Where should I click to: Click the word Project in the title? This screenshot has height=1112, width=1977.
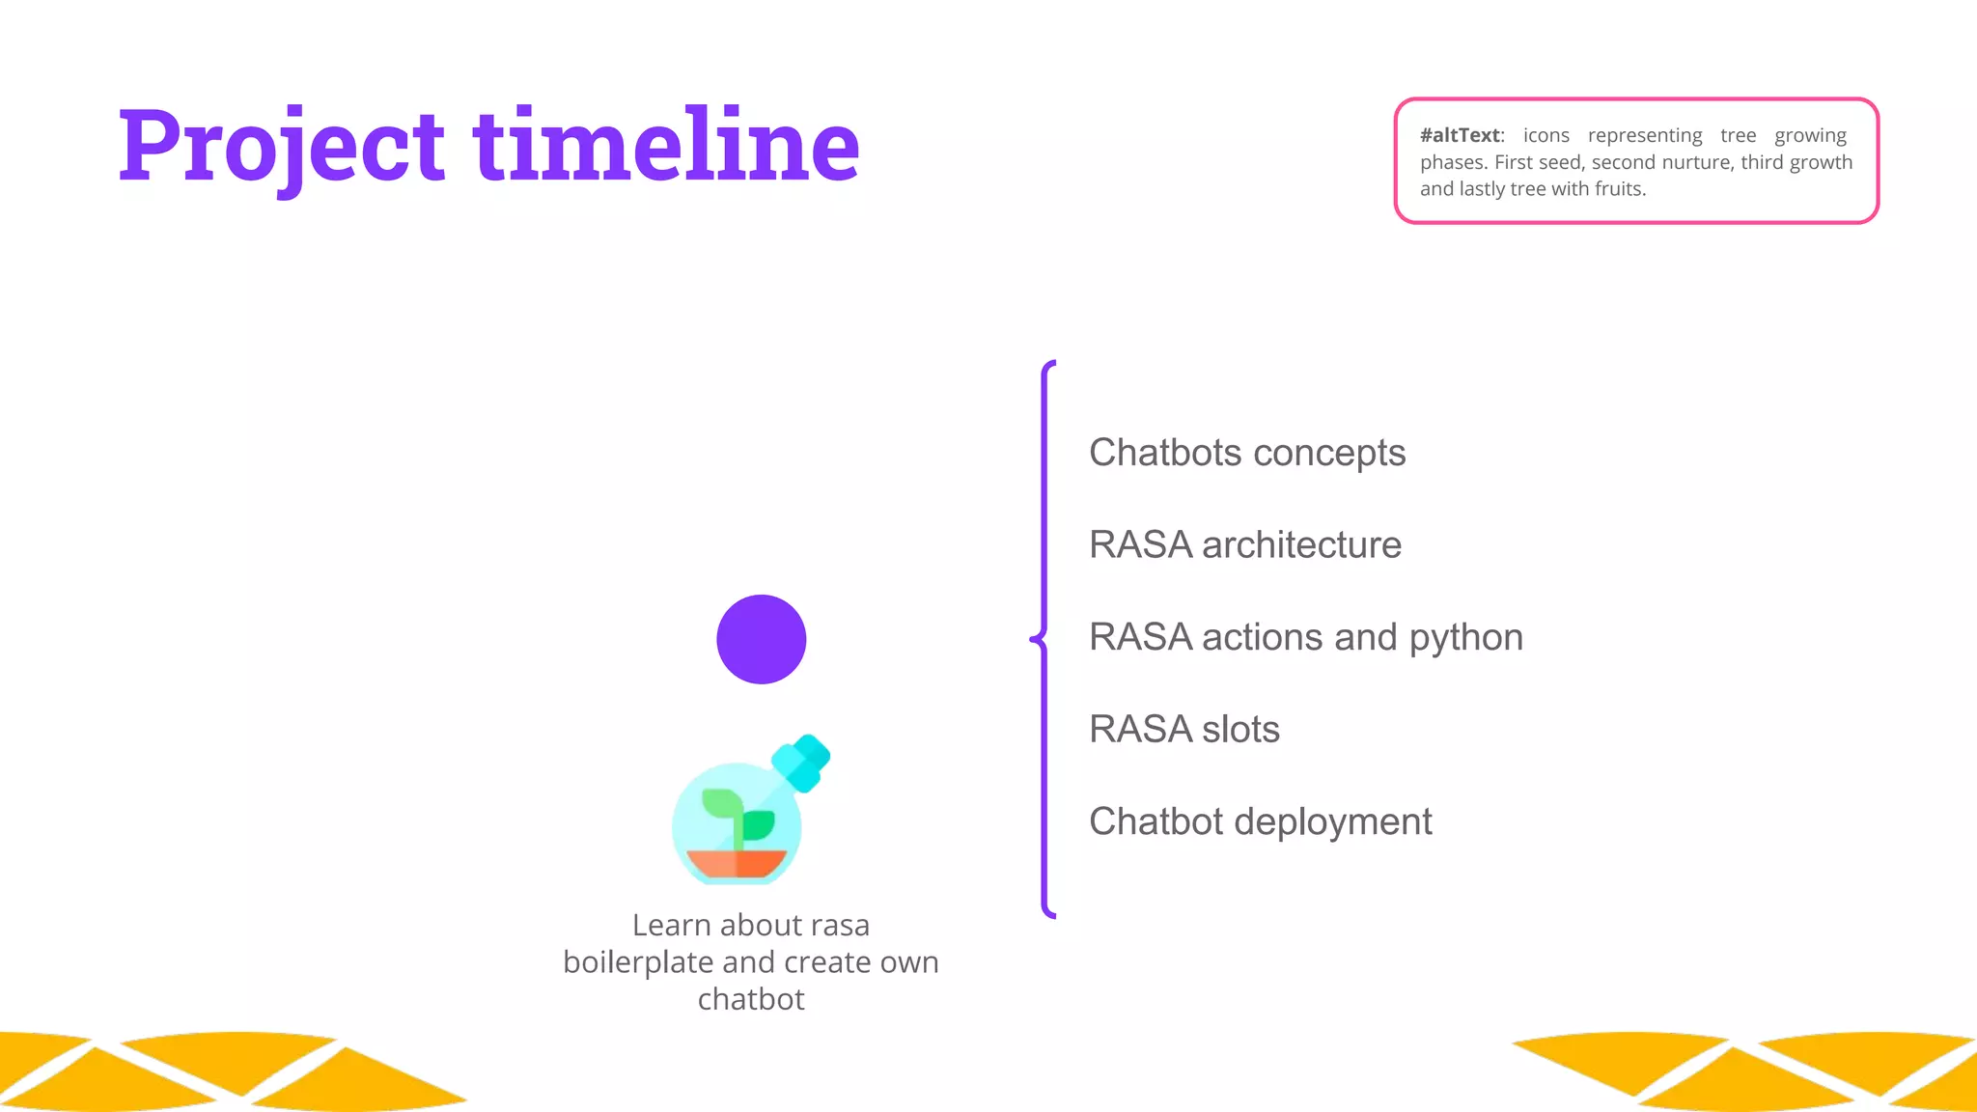[280, 147]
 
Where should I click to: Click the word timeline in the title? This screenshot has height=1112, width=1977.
[666, 147]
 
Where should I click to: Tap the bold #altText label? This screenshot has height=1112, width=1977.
[1461, 135]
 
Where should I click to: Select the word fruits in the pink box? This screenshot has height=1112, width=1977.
[1621, 189]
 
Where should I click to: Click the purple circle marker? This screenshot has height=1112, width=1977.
[761, 639]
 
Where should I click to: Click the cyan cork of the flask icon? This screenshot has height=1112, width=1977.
[801, 762]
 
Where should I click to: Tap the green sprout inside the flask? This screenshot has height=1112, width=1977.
[738, 817]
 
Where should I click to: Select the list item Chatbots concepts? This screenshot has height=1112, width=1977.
[1246, 453]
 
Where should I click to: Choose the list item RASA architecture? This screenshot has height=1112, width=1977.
[1244, 545]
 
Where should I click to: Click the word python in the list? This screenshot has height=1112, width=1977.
[1465, 638]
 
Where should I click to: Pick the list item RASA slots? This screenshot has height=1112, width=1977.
[1183, 730]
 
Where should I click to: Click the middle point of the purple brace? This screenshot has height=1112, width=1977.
[1038, 638]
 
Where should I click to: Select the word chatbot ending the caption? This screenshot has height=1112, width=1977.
[750, 999]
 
